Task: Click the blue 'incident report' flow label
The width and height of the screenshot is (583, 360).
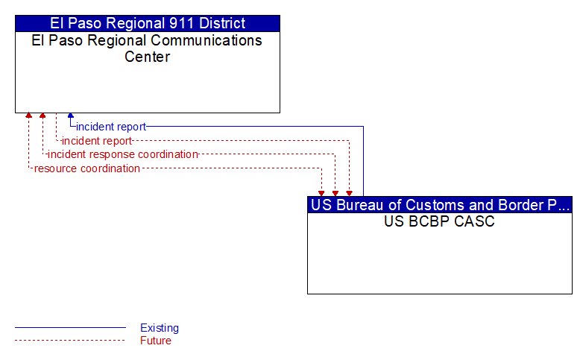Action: [x=111, y=127]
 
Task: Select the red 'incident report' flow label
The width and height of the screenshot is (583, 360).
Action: [x=97, y=141]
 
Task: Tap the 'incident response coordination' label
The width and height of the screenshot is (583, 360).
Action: [x=123, y=154]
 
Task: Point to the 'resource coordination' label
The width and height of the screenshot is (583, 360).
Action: [x=87, y=168]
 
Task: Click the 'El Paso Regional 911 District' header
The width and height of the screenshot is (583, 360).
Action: [x=148, y=23]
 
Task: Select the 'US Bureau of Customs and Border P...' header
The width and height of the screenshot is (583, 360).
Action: [x=440, y=205]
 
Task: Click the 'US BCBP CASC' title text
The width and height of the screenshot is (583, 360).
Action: [x=439, y=221]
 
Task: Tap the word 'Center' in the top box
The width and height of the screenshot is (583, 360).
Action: [x=147, y=57]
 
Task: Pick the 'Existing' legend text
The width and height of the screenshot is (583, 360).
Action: [x=160, y=328]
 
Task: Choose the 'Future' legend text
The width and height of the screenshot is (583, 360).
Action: [x=156, y=341]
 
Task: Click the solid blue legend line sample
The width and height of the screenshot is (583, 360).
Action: [x=70, y=328]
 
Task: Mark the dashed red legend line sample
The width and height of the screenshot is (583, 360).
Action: [x=70, y=341]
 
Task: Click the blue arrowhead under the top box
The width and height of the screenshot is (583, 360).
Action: [x=71, y=116]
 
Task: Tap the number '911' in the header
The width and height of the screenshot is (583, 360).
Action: [x=182, y=23]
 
